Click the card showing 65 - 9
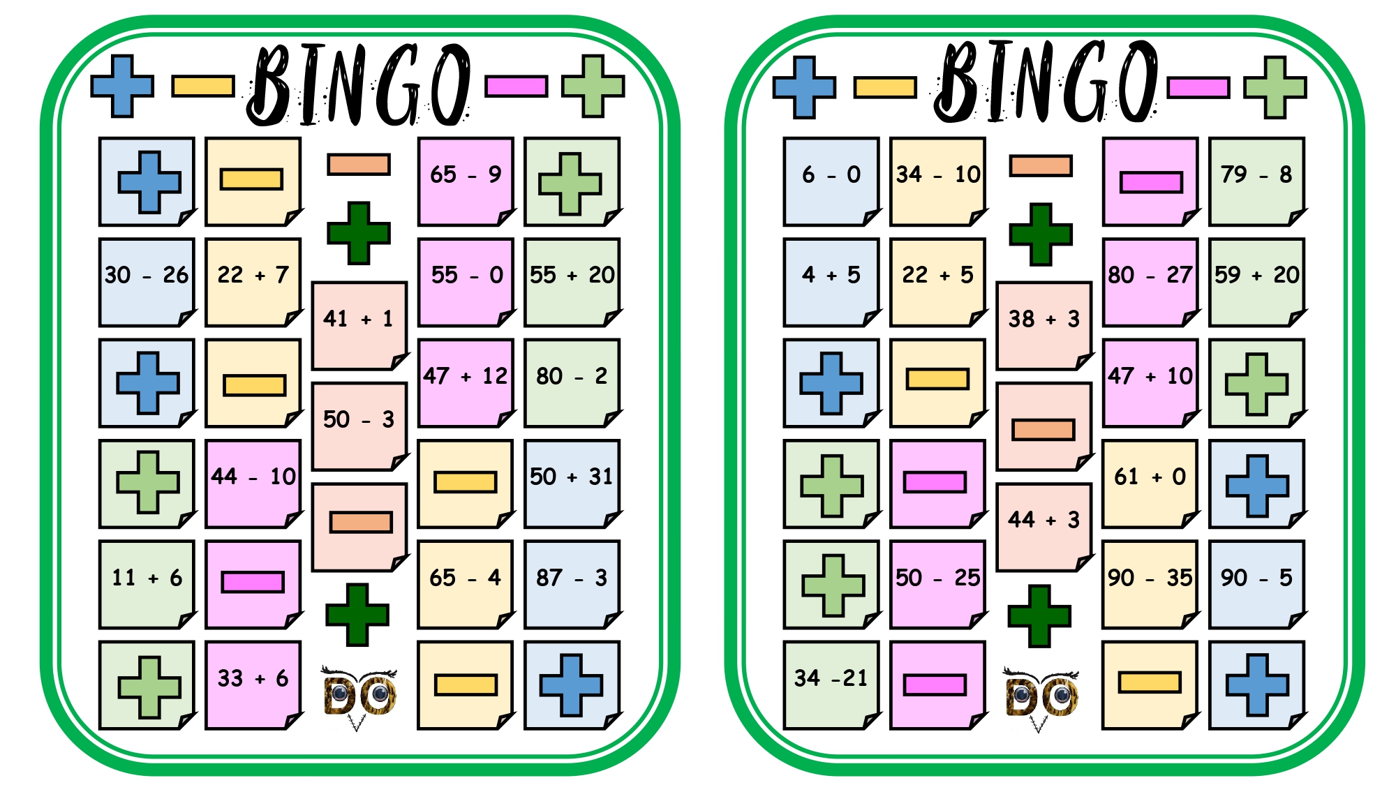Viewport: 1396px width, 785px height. click(466, 181)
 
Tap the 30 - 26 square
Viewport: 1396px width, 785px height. click(147, 282)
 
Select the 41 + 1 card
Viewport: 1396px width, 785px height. click(359, 326)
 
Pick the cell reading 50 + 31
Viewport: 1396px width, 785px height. click(572, 484)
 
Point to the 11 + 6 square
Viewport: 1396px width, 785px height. click(147, 585)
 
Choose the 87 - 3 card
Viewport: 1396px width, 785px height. click(572, 585)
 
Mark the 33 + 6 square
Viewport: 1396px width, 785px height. click(253, 685)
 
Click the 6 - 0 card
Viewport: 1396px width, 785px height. click(831, 181)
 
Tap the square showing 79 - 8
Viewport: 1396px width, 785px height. click(1257, 181)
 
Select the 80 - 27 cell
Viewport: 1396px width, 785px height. click(1150, 282)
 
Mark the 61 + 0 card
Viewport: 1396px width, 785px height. click(1150, 484)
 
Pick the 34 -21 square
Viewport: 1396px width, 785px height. click(831, 685)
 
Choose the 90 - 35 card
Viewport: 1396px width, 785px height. click(1150, 585)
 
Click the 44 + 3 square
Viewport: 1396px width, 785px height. click(1044, 528)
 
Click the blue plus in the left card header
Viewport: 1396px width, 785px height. click(122, 86)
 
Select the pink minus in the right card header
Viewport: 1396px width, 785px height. click(1198, 87)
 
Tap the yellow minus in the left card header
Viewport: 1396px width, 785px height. click(203, 86)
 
